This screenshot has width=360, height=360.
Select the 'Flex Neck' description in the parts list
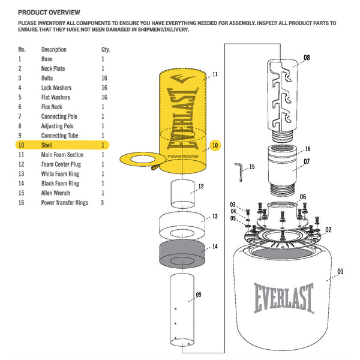(53, 107)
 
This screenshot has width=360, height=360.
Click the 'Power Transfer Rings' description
(64, 203)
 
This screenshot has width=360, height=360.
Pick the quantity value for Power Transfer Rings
(104, 203)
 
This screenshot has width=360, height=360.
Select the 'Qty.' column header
(106, 49)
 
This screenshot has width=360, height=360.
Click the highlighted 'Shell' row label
(47, 145)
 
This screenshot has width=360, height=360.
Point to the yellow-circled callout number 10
(215, 145)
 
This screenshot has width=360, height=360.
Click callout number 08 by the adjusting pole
(307, 58)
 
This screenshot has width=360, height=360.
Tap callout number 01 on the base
(340, 272)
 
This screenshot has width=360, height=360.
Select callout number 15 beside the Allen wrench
(252, 166)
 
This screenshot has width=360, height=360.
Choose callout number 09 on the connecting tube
(198, 295)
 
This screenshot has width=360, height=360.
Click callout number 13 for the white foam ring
(214, 216)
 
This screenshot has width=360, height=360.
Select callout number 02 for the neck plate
(328, 229)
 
